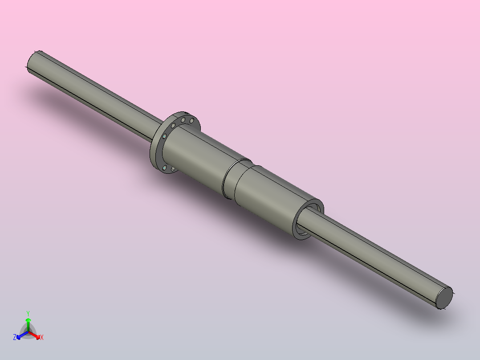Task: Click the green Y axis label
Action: (28, 313)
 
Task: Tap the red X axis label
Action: (42, 337)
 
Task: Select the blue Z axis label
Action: (15, 337)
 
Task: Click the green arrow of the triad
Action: (28, 322)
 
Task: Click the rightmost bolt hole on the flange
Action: (192, 120)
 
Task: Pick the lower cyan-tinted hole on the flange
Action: (165, 168)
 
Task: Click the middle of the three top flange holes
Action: (183, 120)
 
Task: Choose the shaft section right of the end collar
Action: (378, 258)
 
